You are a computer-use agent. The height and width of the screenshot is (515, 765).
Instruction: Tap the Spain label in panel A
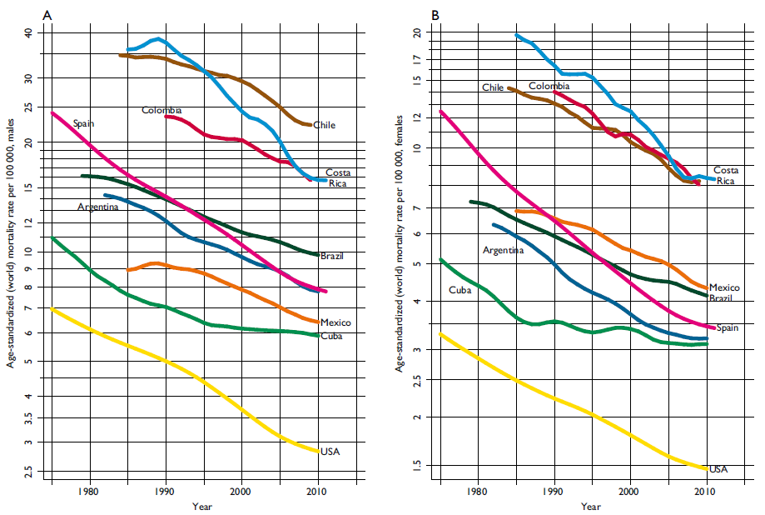pyautogui.click(x=83, y=123)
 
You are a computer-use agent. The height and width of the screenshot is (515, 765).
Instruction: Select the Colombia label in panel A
pyautogui.click(x=161, y=110)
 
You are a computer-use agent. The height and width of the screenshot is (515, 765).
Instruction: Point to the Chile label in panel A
pyautogui.click(x=324, y=125)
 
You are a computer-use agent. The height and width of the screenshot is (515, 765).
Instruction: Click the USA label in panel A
pyautogui.click(x=330, y=452)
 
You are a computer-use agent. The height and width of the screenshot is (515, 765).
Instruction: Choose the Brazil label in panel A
pyautogui.click(x=331, y=256)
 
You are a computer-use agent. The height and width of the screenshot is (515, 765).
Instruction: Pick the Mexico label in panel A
pyautogui.click(x=335, y=322)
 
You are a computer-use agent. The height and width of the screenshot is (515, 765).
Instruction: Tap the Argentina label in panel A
pyautogui.click(x=97, y=207)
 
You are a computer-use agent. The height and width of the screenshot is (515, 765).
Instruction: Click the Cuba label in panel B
pyautogui.click(x=459, y=290)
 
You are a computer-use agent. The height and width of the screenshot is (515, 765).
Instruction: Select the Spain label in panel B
pyautogui.click(x=728, y=327)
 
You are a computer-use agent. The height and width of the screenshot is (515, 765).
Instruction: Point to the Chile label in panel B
pyautogui.click(x=493, y=87)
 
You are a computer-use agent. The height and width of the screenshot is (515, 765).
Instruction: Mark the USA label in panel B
pyautogui.click(x=718, y=468)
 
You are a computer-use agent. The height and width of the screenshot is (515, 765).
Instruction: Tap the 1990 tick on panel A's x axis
pyautogui.click(x=165, y=492)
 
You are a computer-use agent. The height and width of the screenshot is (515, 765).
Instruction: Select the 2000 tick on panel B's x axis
pyautogui.click(x=630, y=492)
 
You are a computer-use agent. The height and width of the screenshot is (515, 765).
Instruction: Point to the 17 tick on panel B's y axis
pyautogui.click(x=418, y=59)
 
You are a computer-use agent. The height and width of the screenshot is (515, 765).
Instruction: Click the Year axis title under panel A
pyautogui.click(x=201, y=507)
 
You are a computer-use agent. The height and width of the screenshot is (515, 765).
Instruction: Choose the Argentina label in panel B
pyautogui.click(x=503, y=250)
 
